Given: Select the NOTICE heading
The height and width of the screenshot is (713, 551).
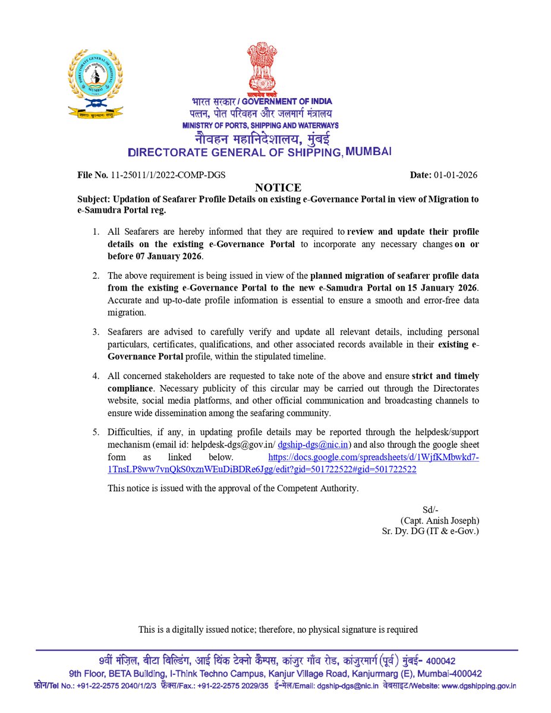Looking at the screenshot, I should click(x=278, y=188).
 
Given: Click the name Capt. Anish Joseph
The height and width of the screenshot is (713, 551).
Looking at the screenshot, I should click(x=440, y=520).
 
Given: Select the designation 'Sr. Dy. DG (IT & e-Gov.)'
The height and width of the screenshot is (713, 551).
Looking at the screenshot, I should click(x=430, y=531).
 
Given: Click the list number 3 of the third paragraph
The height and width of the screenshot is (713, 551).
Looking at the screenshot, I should click(x=95, y=332).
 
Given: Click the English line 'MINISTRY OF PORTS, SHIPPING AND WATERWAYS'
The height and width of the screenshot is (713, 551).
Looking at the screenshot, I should click(x=260, y=126).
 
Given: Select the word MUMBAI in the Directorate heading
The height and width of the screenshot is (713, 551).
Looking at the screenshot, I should click(x=369, y=152).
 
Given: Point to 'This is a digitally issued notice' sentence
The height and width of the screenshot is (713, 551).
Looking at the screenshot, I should click(x=278, y=629).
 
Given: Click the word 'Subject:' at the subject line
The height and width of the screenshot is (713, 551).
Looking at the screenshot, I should click(x=97, y=200).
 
